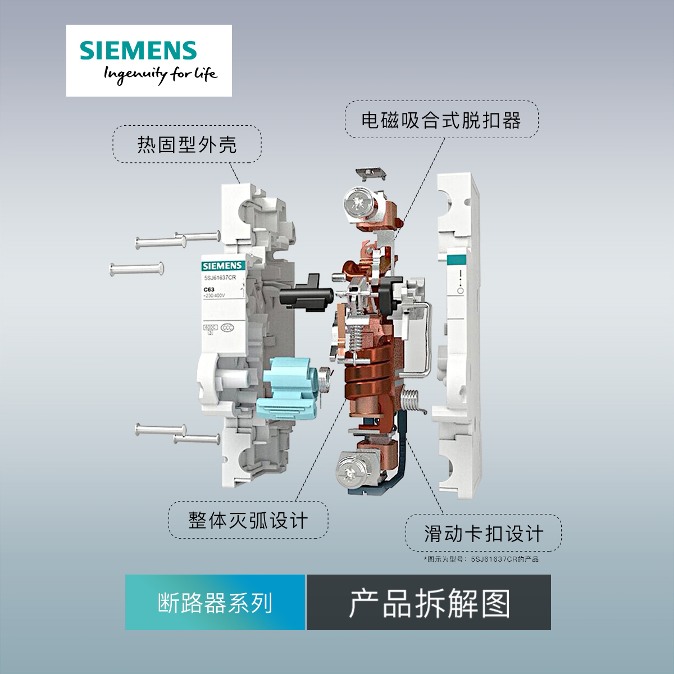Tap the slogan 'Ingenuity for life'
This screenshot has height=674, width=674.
pyautogui.click(x=159, y=75)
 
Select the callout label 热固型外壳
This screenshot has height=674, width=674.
pyautogui.click(x=187, y=145)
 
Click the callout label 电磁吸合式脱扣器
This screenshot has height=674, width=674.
pyautogui.click(x=441, y=120)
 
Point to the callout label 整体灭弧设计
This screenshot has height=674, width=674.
pyautogui.click(x=248, y=520)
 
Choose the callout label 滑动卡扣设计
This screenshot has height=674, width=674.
pyautogui.click(x=484, y=532)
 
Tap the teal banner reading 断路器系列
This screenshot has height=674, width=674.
pyautogui.click(x=215, y=602)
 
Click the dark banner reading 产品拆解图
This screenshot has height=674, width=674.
pyautogui.click(x=429, y=602)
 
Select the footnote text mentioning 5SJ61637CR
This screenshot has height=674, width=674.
pyautogui.click(x=481, y=559)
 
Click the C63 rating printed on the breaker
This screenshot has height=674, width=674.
pyautogui.click(x=209, y=290)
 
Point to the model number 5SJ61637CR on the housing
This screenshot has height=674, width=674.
pyautogui.click(x=221, y=276)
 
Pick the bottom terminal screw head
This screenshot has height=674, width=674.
pyautogui.click(x=349, y=467)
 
